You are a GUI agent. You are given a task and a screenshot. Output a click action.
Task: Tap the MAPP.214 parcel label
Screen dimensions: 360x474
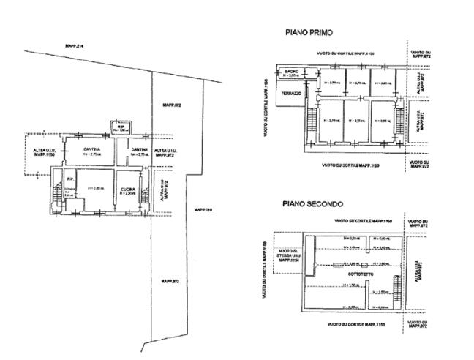point(75,47)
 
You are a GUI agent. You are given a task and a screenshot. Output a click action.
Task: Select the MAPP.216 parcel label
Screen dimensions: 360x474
point(203,210)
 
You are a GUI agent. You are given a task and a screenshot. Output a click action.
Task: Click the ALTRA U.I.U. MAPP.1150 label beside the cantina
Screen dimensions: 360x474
point(39,154)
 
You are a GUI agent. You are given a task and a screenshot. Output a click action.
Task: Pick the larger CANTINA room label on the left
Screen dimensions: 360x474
point(91,150)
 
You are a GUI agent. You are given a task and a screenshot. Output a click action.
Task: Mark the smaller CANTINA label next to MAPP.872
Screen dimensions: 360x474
point(139,150)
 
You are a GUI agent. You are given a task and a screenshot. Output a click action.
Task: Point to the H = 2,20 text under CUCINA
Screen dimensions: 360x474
point(129,193)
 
